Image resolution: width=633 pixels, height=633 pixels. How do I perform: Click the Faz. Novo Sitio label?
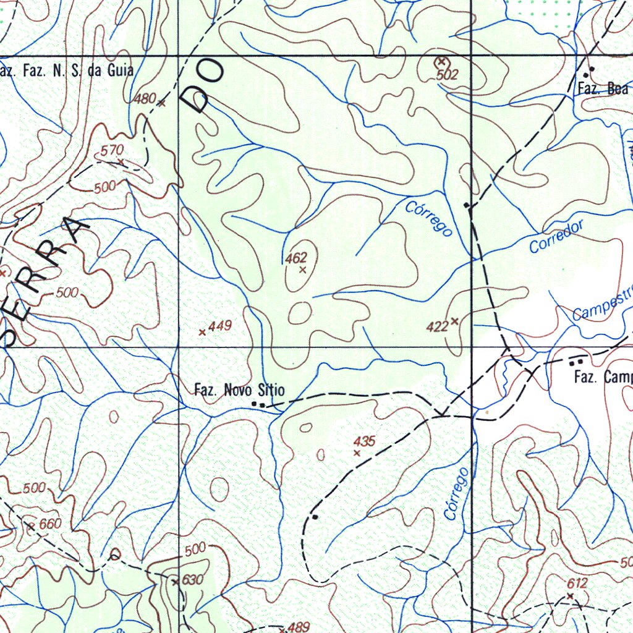point(239,390)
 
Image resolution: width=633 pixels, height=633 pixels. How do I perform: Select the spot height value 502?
point(447,75)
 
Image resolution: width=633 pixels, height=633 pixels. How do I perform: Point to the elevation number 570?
point(113,150)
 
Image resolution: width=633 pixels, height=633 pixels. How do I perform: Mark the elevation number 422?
point(437,326)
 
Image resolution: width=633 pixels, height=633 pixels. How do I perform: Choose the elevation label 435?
point(365,441)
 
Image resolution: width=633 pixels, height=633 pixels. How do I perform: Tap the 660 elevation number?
point(50,524)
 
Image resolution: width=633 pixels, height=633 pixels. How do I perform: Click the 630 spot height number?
point(192,580)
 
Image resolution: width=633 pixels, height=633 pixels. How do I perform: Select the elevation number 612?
point(577,583)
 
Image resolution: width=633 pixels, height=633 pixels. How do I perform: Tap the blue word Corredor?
point(556,237)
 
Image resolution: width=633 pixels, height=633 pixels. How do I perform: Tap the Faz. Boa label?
point(603,88)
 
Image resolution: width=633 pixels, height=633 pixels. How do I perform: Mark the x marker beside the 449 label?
point(202,333)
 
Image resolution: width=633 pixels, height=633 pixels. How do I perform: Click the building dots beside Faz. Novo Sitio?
point(258,404)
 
